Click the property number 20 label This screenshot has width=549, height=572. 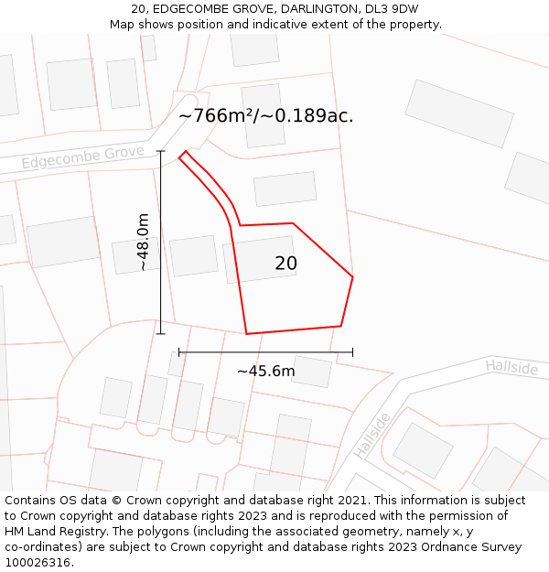pos(285,264)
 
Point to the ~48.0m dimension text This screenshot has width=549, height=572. pos(143,242)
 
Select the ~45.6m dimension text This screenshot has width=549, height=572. pos(265,371)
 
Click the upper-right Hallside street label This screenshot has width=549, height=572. pos(511,367)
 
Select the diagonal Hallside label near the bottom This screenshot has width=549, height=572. pos(371,436)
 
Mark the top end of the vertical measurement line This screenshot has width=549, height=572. pos(161,151)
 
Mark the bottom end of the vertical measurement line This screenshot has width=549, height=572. pos(161,334)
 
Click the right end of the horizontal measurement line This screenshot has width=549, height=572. pos(352,351)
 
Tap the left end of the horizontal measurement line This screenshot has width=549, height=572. pos(179,351)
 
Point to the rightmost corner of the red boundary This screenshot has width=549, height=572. pos(352,276)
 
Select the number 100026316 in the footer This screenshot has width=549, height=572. pos(38,562)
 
